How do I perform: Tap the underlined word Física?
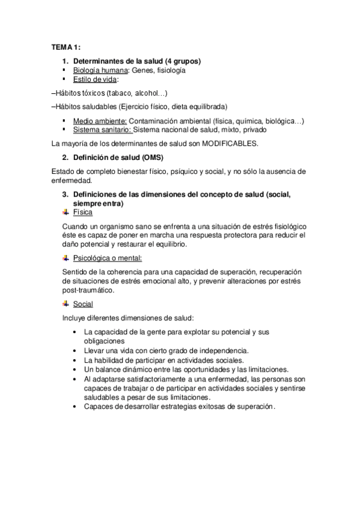pos(83,212)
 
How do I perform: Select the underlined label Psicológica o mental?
pos(107,258)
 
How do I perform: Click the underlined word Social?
pos(83,304)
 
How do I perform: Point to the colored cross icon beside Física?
pos(66,212)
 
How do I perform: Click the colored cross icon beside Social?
pos(66,304)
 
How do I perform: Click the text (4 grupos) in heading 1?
pos(179,61)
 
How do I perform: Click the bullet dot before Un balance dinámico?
pos(73,369)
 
